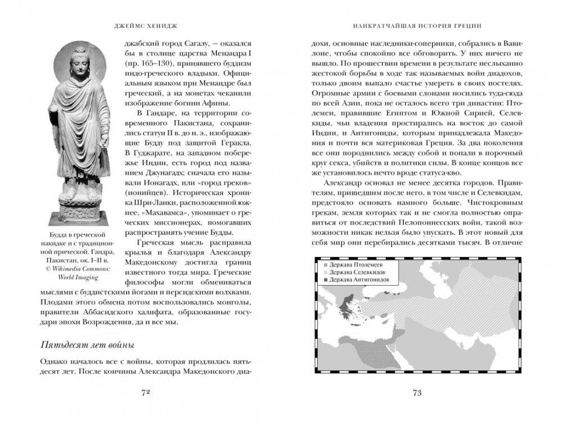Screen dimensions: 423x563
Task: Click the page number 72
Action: (x=143, y=393)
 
